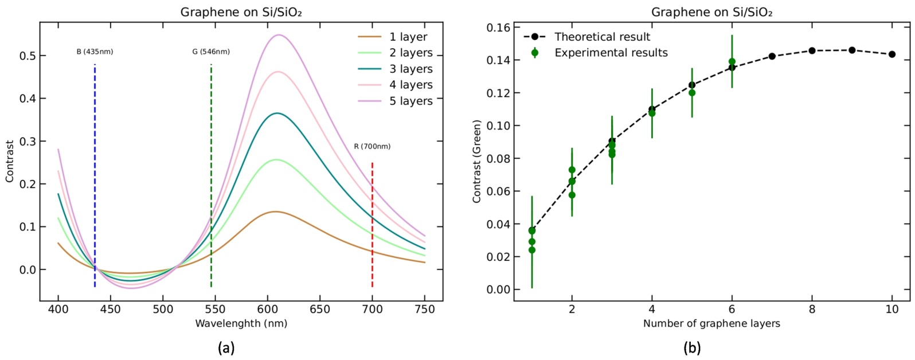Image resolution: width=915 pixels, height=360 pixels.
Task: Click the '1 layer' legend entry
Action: pos(393,37)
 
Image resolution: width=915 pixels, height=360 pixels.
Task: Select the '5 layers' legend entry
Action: pos(395,101)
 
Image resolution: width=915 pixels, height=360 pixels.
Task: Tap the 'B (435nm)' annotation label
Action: pos(95,52)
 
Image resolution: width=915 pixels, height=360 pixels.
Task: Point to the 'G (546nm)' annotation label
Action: pos(211,52)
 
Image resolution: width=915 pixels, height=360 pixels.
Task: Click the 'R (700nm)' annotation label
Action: pos(372,146)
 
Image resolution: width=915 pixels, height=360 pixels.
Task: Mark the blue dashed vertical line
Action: pos(95,176)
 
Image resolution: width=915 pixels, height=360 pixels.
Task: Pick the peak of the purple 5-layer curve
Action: pos(279,35)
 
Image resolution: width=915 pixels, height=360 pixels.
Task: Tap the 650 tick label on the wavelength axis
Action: pos(320,310)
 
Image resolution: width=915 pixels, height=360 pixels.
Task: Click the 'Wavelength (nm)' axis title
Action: pos(241,324)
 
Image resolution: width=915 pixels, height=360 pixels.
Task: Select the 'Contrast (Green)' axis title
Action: pos(476,162)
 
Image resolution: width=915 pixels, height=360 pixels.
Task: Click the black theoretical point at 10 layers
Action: pos(892,54)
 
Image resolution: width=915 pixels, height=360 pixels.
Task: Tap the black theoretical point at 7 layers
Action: pos(772,56)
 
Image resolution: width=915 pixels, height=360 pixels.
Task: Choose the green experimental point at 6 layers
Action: pos(732,62)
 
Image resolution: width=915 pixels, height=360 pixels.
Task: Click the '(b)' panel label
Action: pos(692,348)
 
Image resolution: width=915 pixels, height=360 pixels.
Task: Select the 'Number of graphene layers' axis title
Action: pos(711,324)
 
